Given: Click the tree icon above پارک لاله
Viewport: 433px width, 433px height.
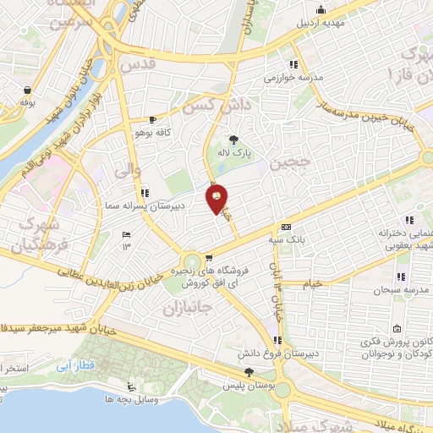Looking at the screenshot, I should click(233, 140).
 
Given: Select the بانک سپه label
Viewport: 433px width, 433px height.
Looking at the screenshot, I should click(288, 240).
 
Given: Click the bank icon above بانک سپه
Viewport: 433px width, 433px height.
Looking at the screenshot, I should click(286, 227).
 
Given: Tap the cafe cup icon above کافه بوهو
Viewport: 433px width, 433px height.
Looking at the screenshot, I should click(152, 120).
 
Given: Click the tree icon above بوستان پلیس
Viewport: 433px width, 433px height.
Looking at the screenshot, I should click(248, 371).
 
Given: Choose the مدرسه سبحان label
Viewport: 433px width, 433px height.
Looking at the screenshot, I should click(401, 290).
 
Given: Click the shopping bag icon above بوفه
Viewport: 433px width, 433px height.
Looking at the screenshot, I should click(28, 90).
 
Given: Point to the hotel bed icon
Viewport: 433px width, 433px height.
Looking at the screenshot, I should click(126, 234).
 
